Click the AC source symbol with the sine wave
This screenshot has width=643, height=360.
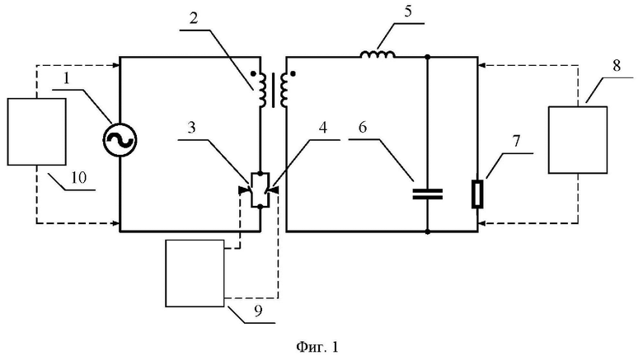click(120, 140)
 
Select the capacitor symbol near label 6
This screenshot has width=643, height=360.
click(427, 194)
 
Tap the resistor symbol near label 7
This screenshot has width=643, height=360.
click(477, 194)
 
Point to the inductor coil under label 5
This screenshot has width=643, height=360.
click(378, 54)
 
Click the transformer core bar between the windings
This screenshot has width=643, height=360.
click(274, 91)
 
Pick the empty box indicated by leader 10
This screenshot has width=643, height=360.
click(36, 132)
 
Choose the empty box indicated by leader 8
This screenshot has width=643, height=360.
click(578, 140)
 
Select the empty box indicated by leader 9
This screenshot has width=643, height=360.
click(195, 274)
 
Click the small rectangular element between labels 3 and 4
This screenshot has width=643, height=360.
click(260, 190)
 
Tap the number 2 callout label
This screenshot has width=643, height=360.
click(194, 18)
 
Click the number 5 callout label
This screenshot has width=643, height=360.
click(407, 12)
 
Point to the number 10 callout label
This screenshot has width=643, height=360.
click(79, 178)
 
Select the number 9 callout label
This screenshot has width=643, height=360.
click(258, 311)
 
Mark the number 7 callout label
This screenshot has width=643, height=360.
click(516, 141)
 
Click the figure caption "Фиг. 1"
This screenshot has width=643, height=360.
click(317, 347)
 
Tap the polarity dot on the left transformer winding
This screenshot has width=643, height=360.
click(254, 74)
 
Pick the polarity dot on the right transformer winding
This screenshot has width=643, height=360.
click(293, 74)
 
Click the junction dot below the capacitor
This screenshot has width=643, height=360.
click(427, 231)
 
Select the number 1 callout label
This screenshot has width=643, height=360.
click(67, 79)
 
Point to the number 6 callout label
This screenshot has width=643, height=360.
click(362, 128)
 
